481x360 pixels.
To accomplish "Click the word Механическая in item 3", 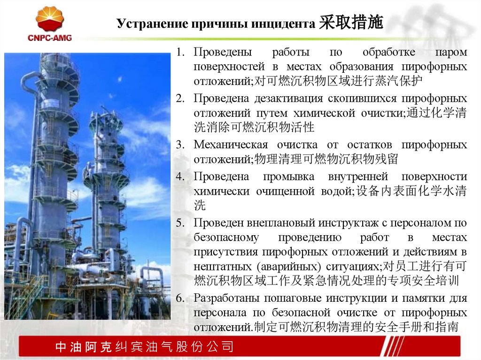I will tap(231, 145).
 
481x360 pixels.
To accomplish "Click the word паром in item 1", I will tap(451, 51).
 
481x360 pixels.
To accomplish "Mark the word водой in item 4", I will tap(334, 191).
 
